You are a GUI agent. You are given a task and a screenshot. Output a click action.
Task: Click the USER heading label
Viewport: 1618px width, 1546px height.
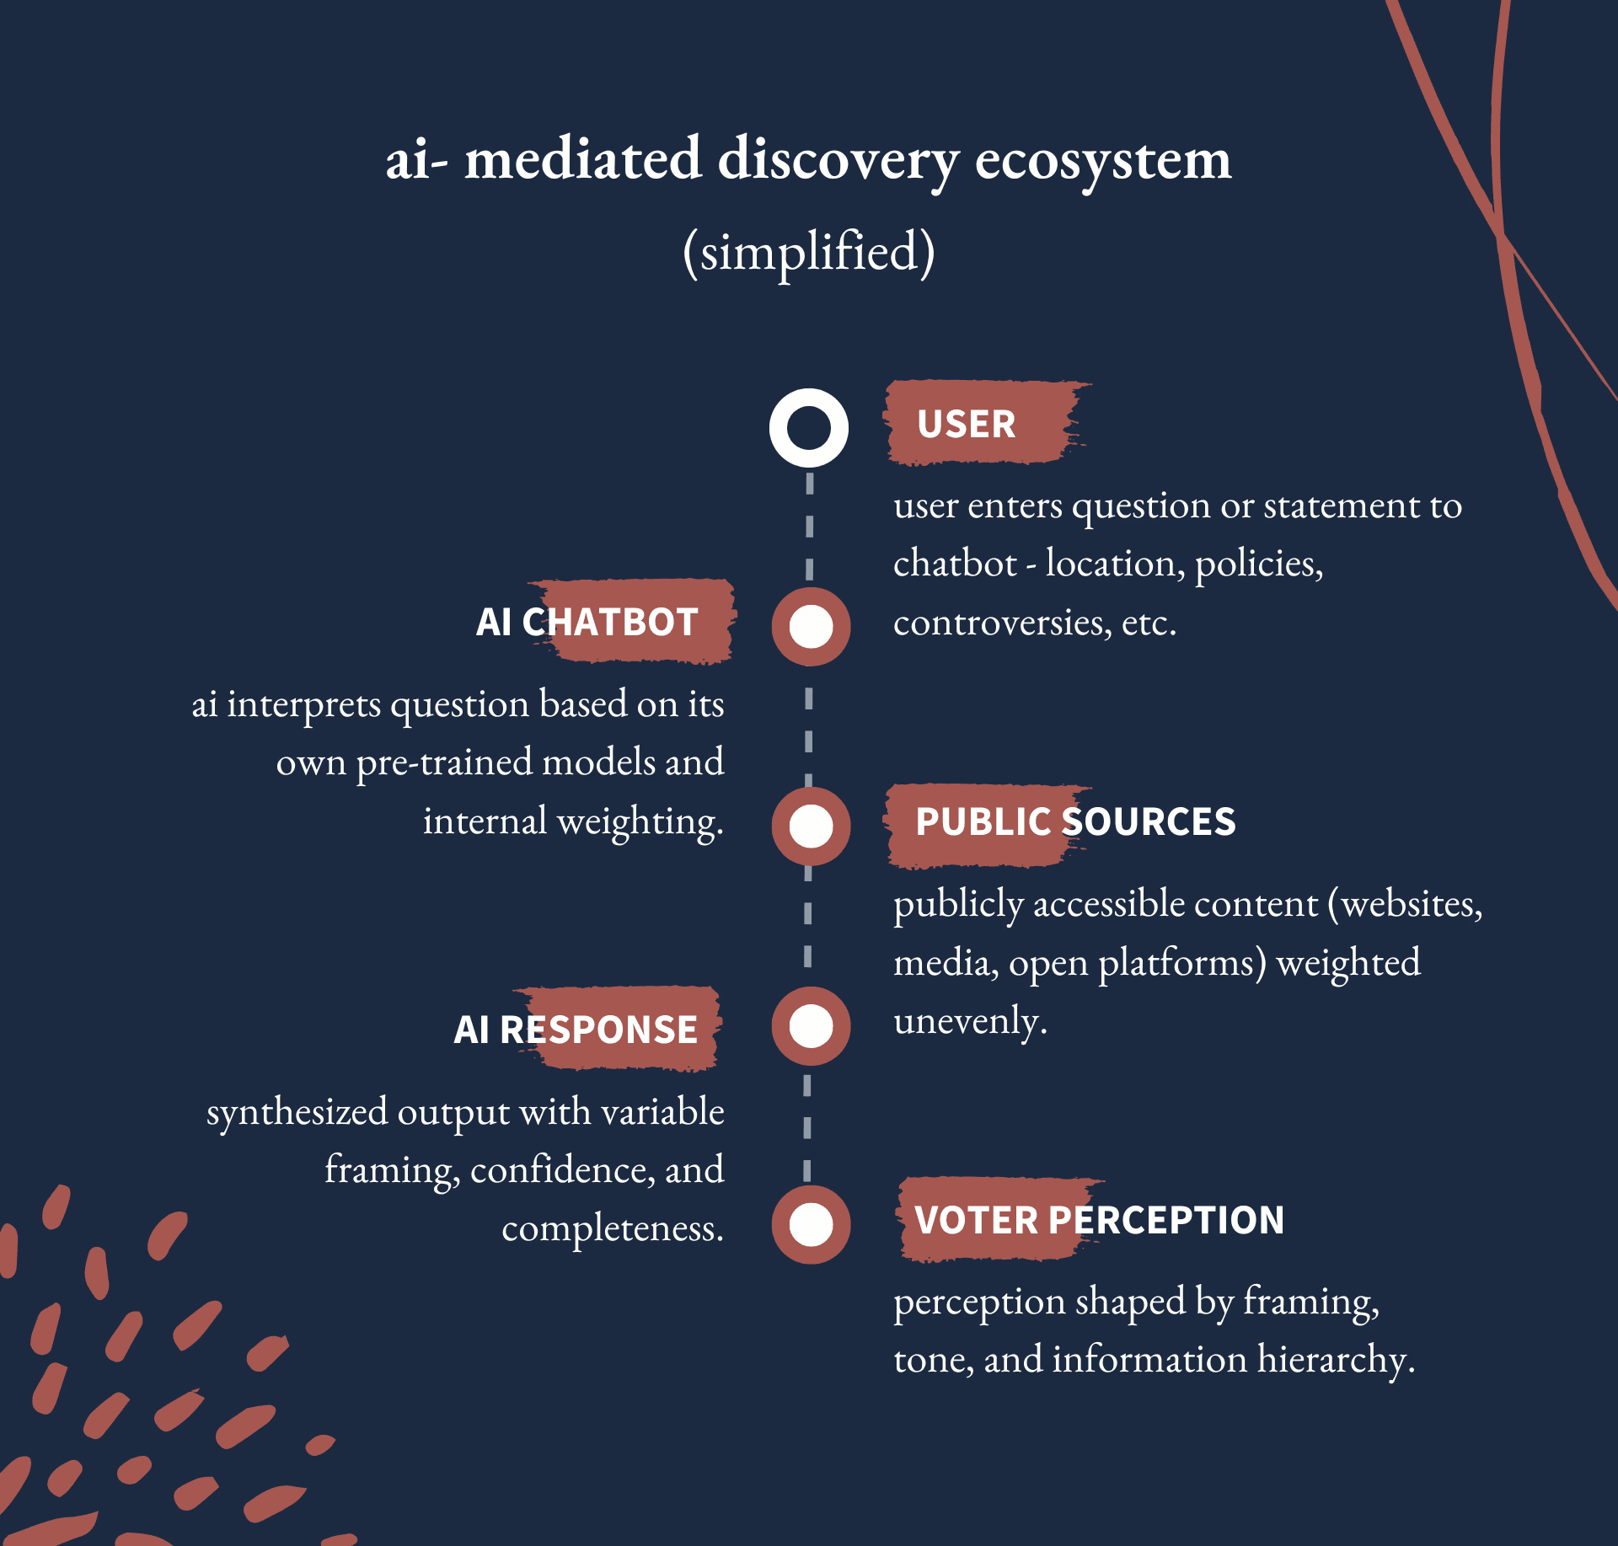pos(966,424)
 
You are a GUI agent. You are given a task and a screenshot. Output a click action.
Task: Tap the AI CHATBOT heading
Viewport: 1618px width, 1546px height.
pos(587,622)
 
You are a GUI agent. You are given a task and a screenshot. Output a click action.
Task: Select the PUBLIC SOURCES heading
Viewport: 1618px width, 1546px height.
pos(1074,821)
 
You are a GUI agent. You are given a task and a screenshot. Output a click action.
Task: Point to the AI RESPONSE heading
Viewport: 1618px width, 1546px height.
pos(576,1029)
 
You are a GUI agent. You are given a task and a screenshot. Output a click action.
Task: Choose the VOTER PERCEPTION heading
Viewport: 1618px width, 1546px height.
pos(1099,1219)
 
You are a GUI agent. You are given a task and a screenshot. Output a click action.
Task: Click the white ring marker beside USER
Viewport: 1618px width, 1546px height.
pos(809,428)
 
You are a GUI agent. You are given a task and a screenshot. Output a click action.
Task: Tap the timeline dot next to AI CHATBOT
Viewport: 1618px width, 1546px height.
pos(811,627)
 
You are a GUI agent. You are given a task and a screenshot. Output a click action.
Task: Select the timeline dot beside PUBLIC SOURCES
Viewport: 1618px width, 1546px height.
pos(811,826)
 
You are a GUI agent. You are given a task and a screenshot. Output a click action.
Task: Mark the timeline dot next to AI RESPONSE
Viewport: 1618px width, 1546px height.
pos(811,1025)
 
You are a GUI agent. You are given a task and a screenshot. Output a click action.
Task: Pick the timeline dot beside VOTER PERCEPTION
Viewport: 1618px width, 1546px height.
pos(811,1224)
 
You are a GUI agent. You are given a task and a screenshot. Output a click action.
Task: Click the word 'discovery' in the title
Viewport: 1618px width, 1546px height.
pos(838,160)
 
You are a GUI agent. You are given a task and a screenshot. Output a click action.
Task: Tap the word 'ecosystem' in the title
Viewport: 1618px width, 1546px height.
pos(1102,160)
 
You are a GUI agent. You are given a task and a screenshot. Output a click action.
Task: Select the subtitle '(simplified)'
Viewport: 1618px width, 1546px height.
pos(809,251)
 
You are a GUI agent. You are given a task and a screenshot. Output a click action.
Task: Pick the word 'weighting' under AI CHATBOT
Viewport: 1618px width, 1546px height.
pos(636,822)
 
